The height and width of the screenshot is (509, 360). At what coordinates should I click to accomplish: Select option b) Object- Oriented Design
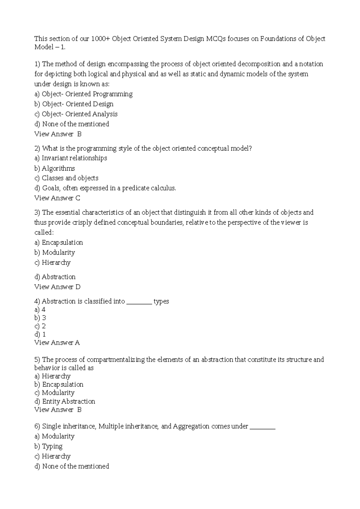tap(74, 104)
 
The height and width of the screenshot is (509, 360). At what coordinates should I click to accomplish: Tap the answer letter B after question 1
tap(79, 134)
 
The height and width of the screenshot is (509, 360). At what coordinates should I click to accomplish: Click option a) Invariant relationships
tap(71, 158)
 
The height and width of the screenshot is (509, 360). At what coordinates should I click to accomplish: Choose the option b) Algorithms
tap(55, 168)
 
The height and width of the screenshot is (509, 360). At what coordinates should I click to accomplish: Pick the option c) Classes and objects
tap(66, 178)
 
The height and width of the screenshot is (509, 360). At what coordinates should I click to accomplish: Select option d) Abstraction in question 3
tap(55, 277)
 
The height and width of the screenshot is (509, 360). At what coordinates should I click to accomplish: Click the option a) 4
tap(40, 310)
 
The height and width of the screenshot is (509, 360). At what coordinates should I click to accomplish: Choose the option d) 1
tap(40, 334)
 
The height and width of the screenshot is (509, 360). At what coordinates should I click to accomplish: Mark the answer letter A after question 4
tap(77, 343)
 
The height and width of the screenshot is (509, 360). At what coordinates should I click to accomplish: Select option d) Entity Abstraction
tap(65, 401)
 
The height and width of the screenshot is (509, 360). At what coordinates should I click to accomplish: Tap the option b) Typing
tap(49, 446)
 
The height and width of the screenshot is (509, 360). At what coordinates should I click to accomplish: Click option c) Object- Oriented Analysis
tap(76, 114)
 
